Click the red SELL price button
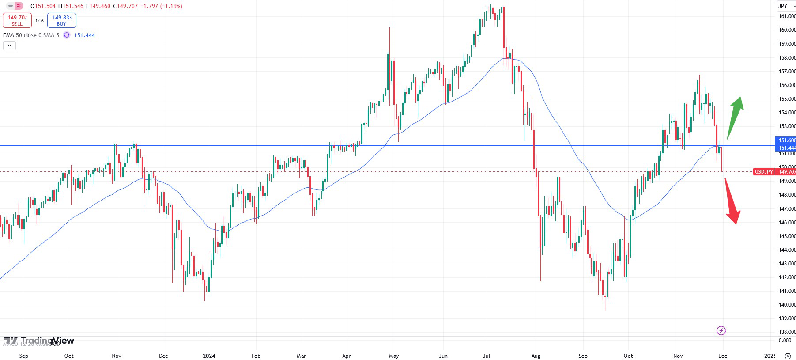tap(17, 20)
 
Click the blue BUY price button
tap(62, 20)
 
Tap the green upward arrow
tap(736, 116)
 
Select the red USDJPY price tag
tap(764, 172)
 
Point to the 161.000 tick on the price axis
tap(787, 16)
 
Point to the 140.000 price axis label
tap(787, 305)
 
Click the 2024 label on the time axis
tap(209, 356)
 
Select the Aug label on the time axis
tap(536, 356)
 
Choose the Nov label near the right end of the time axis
tap(678, 356)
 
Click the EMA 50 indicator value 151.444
tap(84, 35)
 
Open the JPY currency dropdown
tap(786, 6)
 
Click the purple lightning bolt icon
tap(721, 330)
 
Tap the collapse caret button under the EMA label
tap(9, 45)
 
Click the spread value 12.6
tap(39, 21)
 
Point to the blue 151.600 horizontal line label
tap(786, 140)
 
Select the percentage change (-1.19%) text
tap(171, 6)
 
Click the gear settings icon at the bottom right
tap(788, 356)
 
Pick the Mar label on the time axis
tap(301, 356)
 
